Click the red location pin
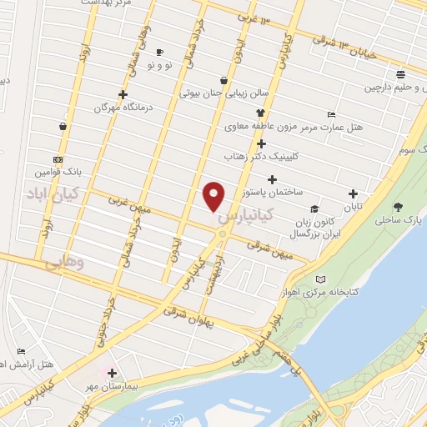click(x=214, y=196)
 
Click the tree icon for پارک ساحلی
click(x=396, y=207)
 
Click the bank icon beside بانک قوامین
click(x=58, y=159)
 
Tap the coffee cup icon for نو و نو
click(x=159, y=53)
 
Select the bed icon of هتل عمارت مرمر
click(x=332, y=114)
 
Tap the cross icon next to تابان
click(x=353, y=193)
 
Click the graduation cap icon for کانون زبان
click(x=314, y=208)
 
